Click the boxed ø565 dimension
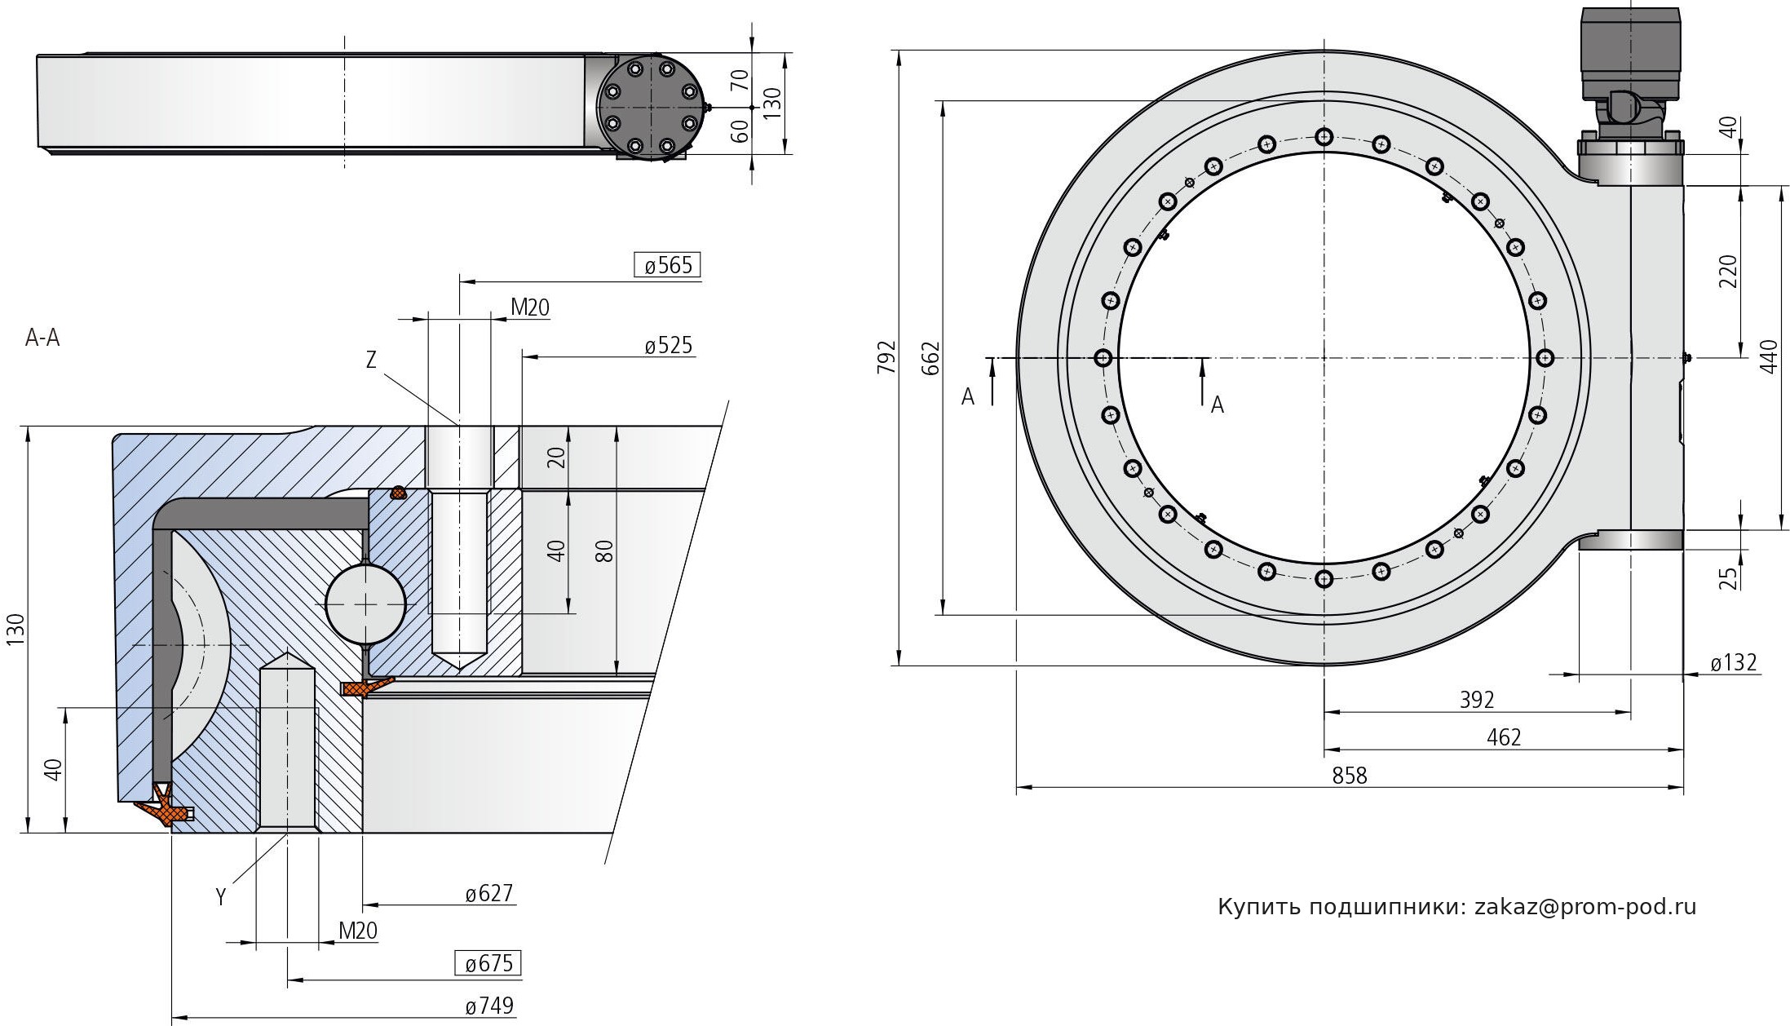[668, 265]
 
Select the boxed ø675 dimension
[488, 963]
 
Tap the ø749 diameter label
[489, 1006]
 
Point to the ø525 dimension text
[669, 346]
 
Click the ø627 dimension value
[489, 894]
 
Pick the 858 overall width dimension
[1350, 775]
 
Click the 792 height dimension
[886, 357]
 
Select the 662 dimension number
[930, 358]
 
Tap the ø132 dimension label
[1733, 662]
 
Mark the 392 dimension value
[1477, 700]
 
